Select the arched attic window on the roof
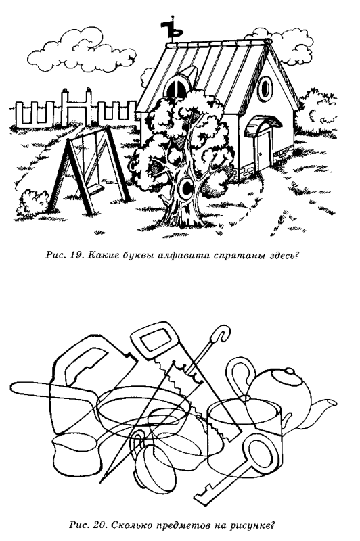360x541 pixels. [x=177, y=88]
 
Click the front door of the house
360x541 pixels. [x=264, y=149]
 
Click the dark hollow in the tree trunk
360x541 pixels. [x=187, y=187]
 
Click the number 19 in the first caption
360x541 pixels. [x=76, y=256]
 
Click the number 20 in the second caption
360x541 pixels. [x=99, y=526]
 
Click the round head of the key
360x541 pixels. [x=261, y=454]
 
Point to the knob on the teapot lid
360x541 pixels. [x=289, y=371]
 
